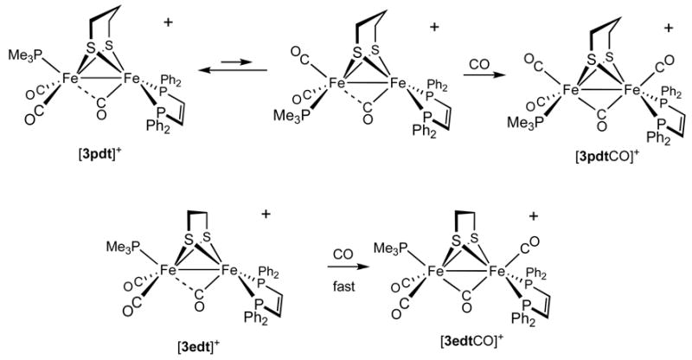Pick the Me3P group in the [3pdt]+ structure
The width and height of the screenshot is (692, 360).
(x=24, y=56)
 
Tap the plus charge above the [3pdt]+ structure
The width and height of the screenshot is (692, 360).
(x=166, y=15)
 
